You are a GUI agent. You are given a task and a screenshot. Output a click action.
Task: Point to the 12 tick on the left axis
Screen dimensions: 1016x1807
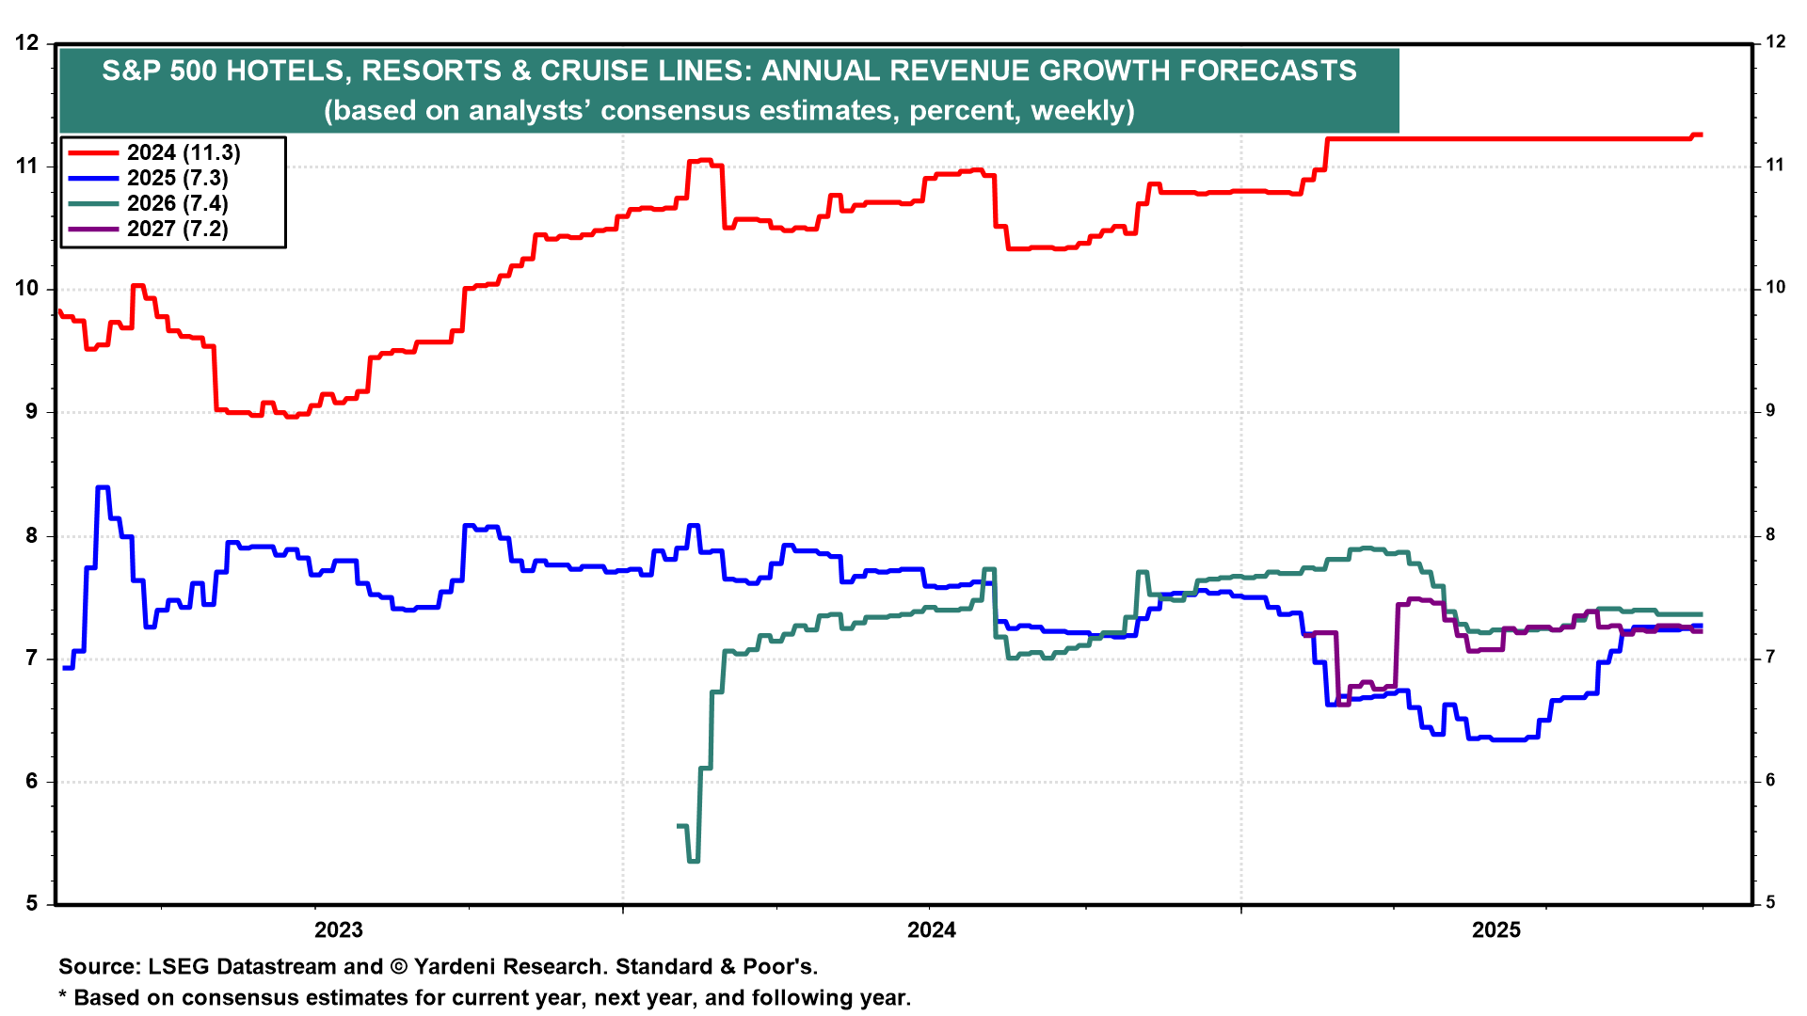pos(28,42)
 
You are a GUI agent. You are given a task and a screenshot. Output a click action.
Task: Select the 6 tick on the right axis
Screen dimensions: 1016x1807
pos(1769,780)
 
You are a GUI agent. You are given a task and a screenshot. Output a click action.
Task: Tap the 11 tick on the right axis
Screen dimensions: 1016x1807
pos(1775,166)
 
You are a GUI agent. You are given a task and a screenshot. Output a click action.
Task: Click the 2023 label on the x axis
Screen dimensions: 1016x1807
pos(338,930)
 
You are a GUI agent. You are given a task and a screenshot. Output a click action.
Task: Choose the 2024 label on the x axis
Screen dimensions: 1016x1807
pos(931,930)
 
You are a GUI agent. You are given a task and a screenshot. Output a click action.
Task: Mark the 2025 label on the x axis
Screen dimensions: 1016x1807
pos(1496,930)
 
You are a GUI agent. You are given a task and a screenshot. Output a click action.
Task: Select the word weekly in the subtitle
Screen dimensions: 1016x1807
pos(1082,111)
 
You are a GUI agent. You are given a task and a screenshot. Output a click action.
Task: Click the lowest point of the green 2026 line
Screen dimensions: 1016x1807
pos(694,861)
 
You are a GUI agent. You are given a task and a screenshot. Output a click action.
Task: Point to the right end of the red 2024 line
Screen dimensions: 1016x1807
pos(1700,135)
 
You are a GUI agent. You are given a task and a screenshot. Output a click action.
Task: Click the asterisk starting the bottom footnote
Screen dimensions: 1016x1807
pos(63,996)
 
